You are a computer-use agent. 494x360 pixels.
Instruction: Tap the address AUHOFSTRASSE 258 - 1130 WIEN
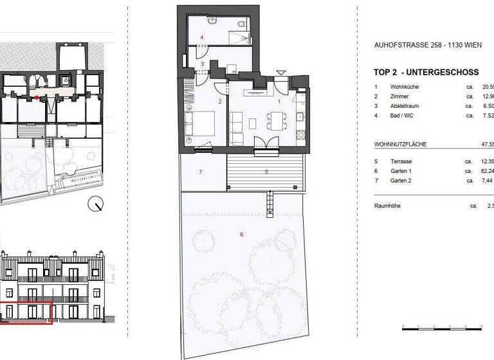427,46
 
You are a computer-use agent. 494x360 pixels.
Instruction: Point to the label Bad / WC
403,116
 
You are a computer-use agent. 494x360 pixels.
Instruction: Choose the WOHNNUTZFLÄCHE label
400,145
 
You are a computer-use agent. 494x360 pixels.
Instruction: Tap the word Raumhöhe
389,206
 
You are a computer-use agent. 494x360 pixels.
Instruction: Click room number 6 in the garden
241,235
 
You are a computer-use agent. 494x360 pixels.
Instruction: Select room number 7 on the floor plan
201,172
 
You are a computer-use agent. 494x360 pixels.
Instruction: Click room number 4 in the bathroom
202,37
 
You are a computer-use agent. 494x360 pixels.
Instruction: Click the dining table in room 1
276,120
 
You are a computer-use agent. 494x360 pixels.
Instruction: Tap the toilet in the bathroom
241,25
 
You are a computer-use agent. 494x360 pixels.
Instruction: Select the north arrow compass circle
97,204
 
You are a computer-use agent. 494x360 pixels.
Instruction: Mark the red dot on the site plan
38,98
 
